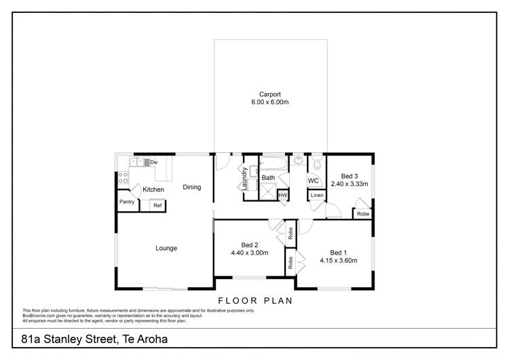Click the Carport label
[269, 94]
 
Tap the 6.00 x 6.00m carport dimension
[269, 103]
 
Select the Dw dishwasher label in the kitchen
[154, 162]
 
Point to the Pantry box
[127, 202]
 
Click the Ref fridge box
[157, 205]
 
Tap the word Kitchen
[153, 189]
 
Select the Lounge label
[166, 248]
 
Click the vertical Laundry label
[245, 178]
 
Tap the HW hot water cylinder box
[282, 196]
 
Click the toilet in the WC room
[317, 164]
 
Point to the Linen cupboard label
[316, 196]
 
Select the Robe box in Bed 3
[363, 213]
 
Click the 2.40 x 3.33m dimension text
[350, 183]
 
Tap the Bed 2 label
[249, 245]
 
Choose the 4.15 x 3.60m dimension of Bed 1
[338, 260]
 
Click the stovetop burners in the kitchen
[124, 178]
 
